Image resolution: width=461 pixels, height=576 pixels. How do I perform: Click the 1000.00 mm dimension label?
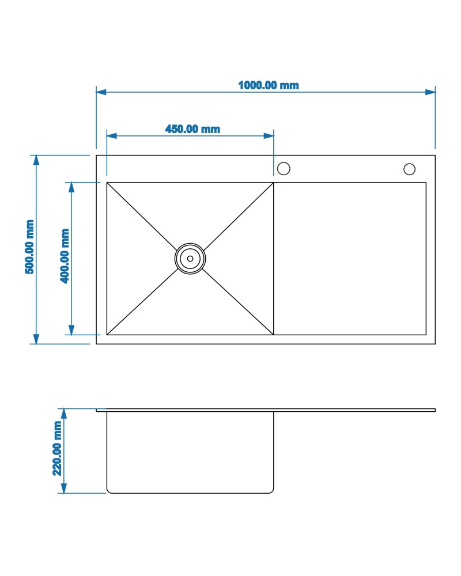click(x=269, y=85)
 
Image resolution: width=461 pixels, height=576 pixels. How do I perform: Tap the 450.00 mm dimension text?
click(x=192, y=129)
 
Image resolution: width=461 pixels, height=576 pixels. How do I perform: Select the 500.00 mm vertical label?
click(x=30, y=247)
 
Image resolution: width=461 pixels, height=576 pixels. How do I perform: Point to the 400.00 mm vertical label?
click(x=65, y=256)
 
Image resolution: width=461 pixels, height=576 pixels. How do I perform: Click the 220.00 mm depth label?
click(x=57, y=448)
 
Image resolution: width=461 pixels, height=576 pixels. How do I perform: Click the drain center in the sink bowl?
click(x=190, y=259)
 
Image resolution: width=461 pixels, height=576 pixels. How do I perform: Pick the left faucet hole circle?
click(x=284, y=169)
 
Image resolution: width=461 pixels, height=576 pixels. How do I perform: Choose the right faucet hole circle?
click(x=409, y=169)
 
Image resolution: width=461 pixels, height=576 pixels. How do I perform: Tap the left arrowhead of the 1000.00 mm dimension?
click(x=101, y=92)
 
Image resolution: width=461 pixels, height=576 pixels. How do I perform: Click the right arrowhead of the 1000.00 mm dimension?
click(x=430, y=92)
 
